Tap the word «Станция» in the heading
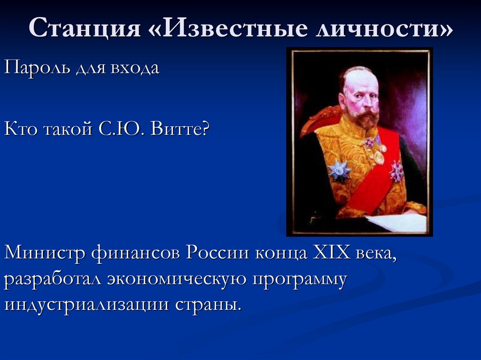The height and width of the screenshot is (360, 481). coord(85,30)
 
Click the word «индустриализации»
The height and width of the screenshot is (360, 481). coord(86,305)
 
